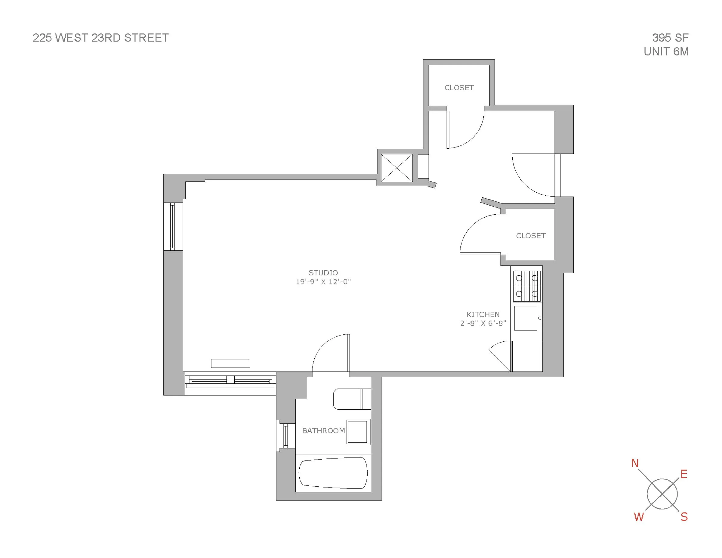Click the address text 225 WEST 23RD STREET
(x=100, y=38)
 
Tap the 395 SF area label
(x=670, y=38)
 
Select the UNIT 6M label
(x=666, y=51)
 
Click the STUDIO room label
(x=323, y=273)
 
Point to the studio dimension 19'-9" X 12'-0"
(x=323, y=282)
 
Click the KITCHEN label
(x=483, y=315)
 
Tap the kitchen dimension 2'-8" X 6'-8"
(x=483, y=324)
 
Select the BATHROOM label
(x=323, y=431)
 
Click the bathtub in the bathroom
(x=333, y=473)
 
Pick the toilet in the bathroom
(x=351, y=399)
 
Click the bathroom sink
(x=358, y=432)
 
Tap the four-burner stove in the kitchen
(x=527, y=286)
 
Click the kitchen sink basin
(x=525, y=318)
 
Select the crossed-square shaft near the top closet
(x=397, y=168)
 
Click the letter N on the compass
(x=634, y=463)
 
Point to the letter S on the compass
(x=684, y=517)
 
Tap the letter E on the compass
(x=684, y=474)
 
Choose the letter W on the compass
(x=639, y=517)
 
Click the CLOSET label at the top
(x=459, y=88)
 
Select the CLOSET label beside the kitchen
(x=531, y=236)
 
